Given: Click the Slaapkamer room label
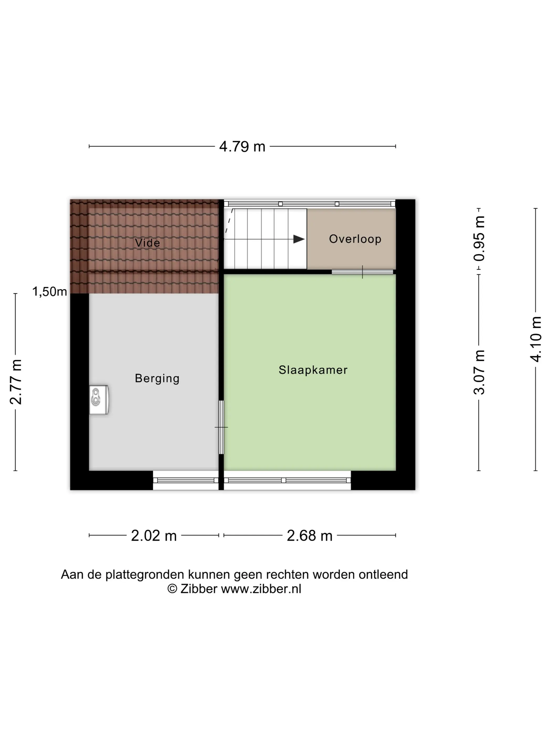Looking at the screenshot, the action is point(313,370).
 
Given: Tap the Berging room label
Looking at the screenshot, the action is point(157,378).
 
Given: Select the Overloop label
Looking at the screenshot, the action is point(355,239).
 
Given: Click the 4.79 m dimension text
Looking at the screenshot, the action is point(242,147).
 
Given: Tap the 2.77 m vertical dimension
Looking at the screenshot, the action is point(15,382).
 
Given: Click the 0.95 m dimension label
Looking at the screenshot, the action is point(479,238).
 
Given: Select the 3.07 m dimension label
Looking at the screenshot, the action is point(479,372).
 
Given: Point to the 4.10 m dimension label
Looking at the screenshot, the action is point(536,339).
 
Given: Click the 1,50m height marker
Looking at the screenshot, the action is point(50,292).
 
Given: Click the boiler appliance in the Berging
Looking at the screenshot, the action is point(99,400).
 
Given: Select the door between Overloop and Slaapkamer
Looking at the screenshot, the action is point(362,272).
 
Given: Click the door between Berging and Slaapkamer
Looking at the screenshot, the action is point(221,427).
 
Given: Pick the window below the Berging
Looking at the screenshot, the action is point(186,480).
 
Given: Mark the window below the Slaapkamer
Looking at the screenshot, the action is point(287,480).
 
